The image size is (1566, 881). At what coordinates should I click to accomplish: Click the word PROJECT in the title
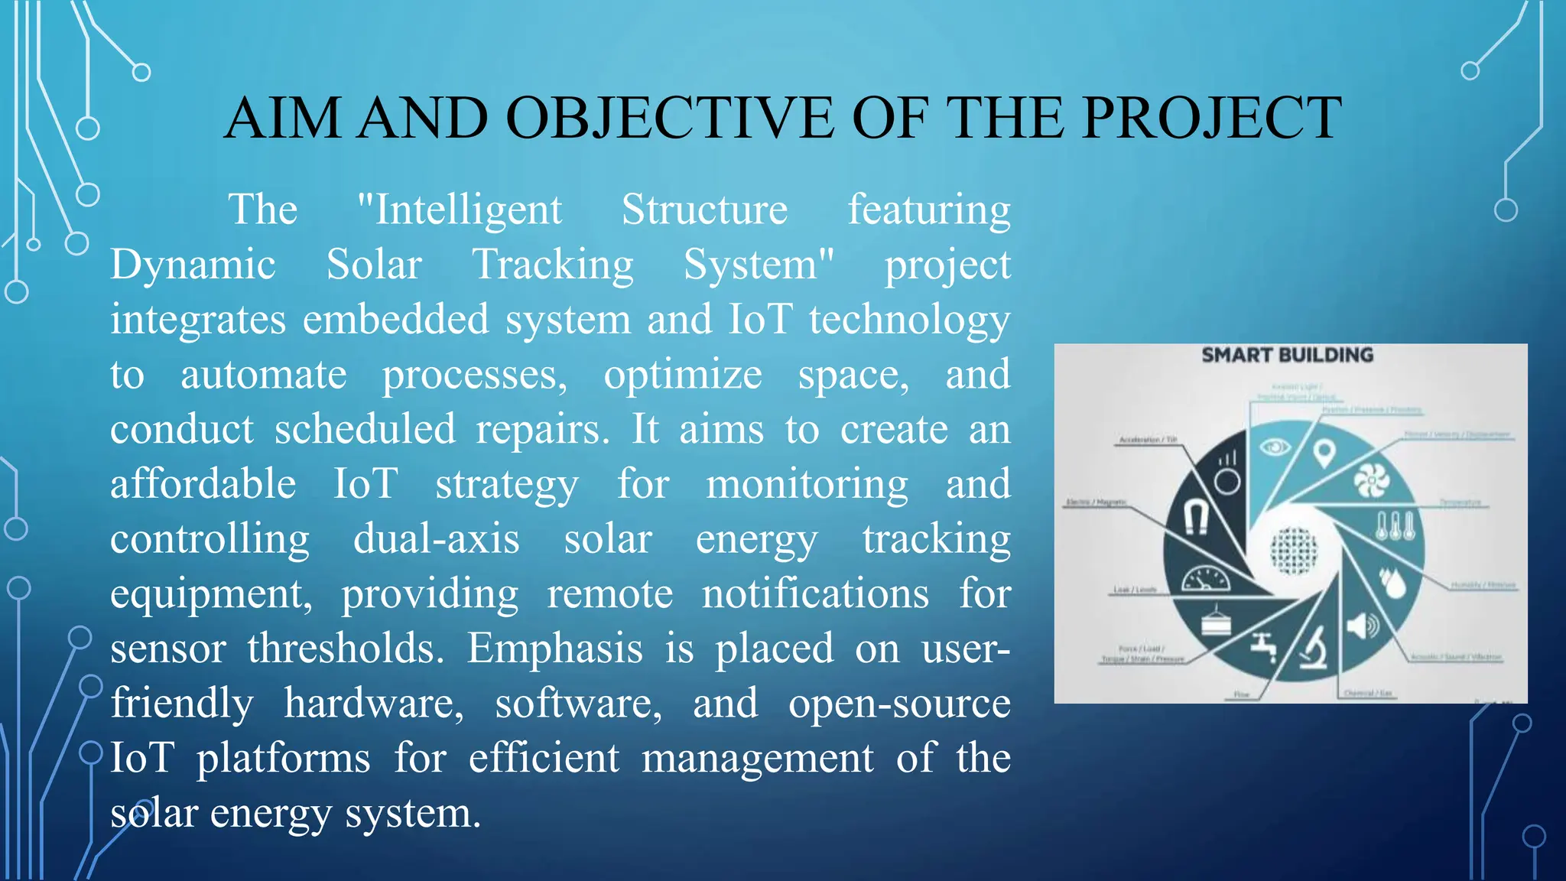1211,118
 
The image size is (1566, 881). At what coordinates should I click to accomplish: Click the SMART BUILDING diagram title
1287,355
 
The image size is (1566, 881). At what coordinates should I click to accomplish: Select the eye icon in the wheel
1274,447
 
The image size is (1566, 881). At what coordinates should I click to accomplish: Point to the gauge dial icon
1206,579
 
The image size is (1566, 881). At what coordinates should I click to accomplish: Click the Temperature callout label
1460,502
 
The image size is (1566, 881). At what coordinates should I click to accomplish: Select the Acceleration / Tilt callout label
1148,440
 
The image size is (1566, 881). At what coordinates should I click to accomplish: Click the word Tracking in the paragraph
553,265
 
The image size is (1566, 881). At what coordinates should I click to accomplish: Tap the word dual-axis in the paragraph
436,538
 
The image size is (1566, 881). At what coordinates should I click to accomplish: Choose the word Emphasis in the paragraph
554,649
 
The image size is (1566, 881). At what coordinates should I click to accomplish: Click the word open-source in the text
899,703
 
